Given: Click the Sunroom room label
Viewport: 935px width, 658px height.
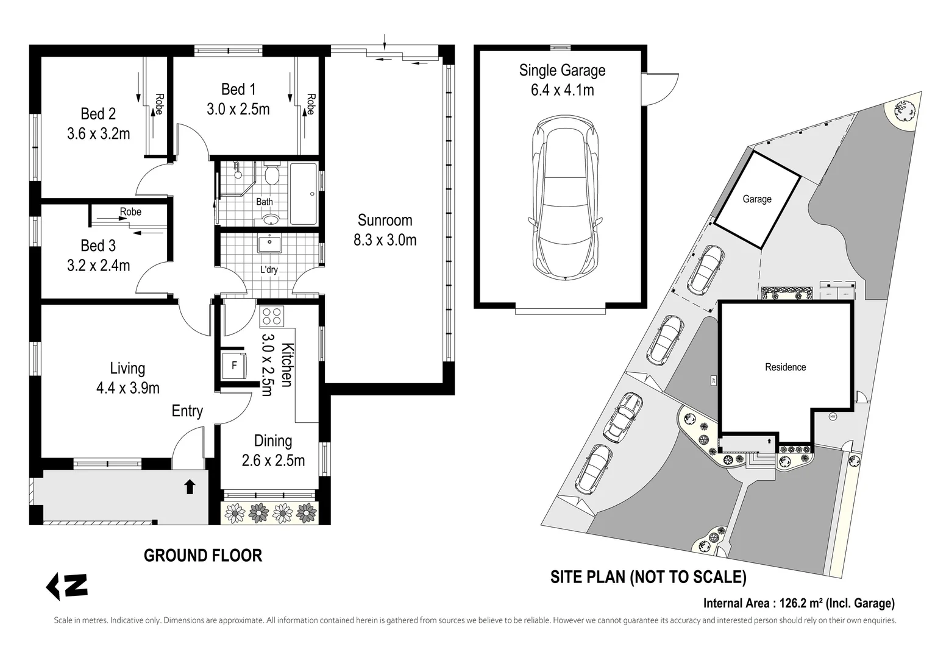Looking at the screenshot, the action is pos(385,220).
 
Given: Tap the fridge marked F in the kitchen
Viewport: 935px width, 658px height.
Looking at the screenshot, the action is pos(234,366).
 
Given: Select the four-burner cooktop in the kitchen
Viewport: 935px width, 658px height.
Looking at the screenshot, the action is pos(272,316).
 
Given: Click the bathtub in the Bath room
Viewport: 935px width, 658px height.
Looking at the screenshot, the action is pos(304,194).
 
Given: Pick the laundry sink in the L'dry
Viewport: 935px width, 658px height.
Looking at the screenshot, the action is pos(269,243).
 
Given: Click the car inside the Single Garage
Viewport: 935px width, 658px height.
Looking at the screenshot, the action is pos(565,198).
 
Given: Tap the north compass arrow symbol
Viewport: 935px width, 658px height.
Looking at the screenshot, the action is pos(67,587).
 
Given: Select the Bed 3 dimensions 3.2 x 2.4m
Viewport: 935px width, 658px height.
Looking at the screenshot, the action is pos(99,266).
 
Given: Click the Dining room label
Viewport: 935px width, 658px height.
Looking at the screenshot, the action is pos(273,440).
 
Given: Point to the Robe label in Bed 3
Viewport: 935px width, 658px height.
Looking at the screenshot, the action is pos(130,211).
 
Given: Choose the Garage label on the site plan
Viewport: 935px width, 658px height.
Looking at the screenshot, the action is pos(757,199).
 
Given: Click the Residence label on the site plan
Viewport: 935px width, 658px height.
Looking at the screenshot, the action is pos(785,367).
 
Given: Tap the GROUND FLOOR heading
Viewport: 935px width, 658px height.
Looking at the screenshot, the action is pos(203,556).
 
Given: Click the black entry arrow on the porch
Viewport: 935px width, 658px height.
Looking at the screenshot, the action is pos(190,487).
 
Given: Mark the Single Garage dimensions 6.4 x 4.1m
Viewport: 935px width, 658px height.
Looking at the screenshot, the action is pos(562,90).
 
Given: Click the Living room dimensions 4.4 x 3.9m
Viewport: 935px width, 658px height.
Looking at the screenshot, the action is pos(128,388).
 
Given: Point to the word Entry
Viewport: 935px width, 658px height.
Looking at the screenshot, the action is pos(187,411).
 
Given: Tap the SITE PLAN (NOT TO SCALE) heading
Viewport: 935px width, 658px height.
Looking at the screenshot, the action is pos(649,576).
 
